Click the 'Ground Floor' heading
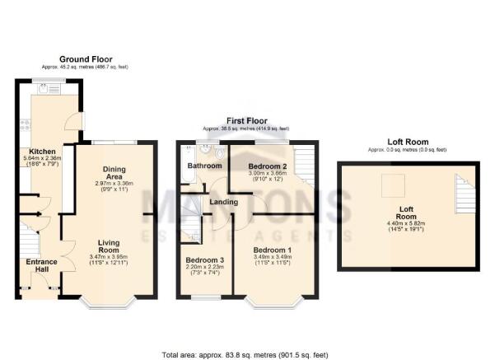[86, 59]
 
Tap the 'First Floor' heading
[246, 121]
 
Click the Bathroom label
[203, 166]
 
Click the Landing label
[223, 202]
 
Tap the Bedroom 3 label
[204, 260]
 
